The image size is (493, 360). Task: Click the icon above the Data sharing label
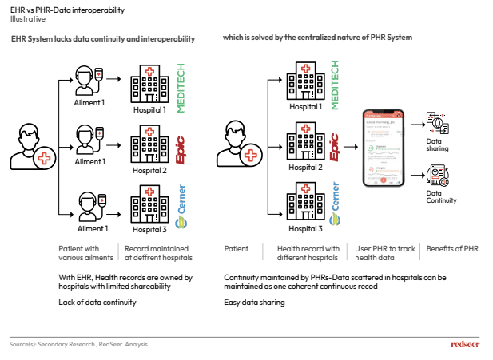coord(437,125)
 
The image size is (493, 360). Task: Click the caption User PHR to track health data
coord(386,253)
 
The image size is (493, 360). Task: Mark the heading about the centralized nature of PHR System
coord(317,38)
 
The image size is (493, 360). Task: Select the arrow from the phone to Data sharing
coord(417,124)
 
